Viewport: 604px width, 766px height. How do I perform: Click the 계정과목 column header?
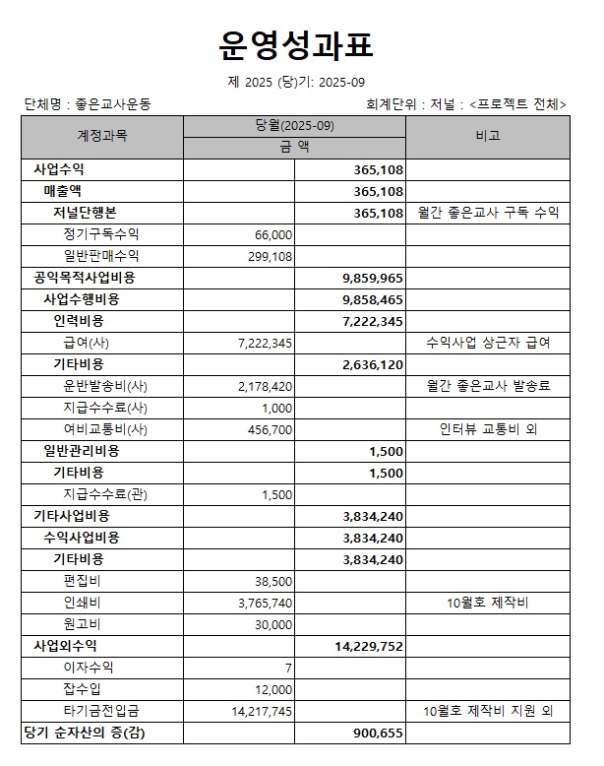pyautogui.click(x=102, y=136)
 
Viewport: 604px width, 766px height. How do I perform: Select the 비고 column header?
pyautogui.click(x=487, y=136)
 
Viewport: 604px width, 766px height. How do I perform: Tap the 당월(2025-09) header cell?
pyautogui.click(x=294, y=125)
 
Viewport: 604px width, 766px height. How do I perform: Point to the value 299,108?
pyautogui.click(x=267, y=256)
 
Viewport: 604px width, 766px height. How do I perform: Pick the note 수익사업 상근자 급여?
pyautogui.click(x=487, y=343)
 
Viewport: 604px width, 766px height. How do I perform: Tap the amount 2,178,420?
pyautogui.click(x=265, y=386)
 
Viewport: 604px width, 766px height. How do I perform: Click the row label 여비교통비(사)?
pyautogui.click(x=104, y=429)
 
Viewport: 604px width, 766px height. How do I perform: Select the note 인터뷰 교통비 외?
pyautogui.click(x=487, y=429)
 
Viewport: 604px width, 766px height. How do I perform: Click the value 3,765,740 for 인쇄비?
pyautogui.click(x=265, y=603)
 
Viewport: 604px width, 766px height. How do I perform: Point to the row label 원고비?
pyautogui.click(x=82, y=624)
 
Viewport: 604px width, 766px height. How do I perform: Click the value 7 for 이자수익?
pyautogui.click(x=288, y=668)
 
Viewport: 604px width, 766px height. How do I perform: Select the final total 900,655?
pyautogui.click(x=378, y=733)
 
